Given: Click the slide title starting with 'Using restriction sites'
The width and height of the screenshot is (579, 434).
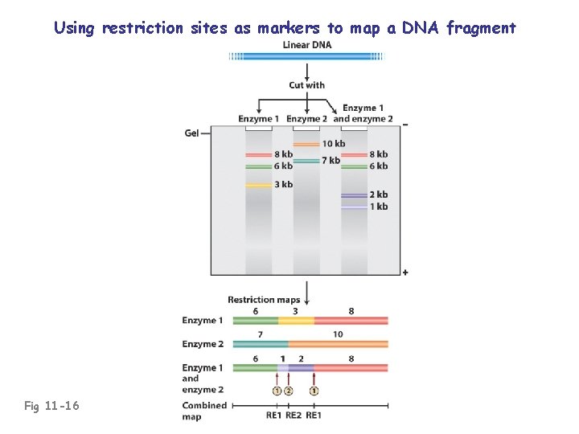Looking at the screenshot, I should [285, 28].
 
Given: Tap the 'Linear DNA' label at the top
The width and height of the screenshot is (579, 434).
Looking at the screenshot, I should [306, 45].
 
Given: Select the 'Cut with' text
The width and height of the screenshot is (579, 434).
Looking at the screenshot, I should [306, 85].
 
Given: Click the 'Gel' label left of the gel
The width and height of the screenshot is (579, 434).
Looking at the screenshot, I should [192, 133].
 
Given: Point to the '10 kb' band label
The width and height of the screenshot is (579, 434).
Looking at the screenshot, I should [334, 144].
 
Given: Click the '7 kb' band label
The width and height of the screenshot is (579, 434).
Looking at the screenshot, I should [331, 161].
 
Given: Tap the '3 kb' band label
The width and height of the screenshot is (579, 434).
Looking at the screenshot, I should [282, 185].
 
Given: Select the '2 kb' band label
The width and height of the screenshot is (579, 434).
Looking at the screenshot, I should [378, 194].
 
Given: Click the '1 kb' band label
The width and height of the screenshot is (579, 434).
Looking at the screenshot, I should [378, 207].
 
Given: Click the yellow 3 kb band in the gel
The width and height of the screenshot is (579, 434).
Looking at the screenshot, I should [258, 186].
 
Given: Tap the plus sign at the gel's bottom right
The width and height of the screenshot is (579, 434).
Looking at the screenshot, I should [404, 272].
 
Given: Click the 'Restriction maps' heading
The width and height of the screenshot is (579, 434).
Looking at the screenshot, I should [263, 300].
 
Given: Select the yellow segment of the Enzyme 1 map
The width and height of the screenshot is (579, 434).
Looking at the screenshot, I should [296, 321].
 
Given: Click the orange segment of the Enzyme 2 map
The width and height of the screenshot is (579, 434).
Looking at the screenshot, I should [339, 344].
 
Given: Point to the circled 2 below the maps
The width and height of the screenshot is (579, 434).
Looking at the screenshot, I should [289, 391].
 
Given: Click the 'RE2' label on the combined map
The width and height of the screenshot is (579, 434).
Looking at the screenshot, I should [294, 415].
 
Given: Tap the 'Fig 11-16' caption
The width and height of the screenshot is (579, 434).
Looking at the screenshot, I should [52, 406].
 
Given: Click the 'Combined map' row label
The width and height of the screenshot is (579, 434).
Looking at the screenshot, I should [204, 410].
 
